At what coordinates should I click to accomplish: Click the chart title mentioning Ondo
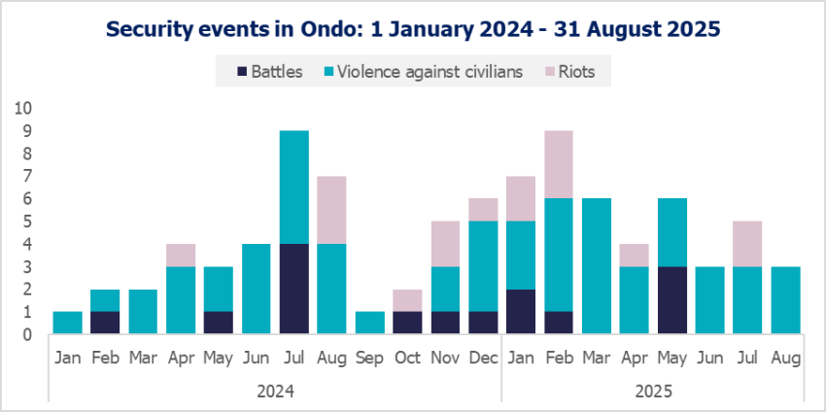pyautogui.click(x=413, y=28)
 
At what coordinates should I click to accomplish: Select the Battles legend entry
pyautogui.click(x=269, y=71)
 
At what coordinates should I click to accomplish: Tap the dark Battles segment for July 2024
pyautogui.click(x=294, y=290)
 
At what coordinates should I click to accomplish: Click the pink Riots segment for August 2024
pyautogui.click(x=332, y=210)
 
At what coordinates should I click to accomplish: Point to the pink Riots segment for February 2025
pyautogui.click(x=559, y=164)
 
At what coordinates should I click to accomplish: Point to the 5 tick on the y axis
pyautogui.click(x=25, y=222)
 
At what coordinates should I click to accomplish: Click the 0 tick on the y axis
pyautogui.click(x=25, y=335)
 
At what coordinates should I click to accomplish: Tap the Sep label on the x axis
pyautogui.click(x=369, y=358)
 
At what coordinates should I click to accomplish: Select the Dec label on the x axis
pyautogui.click(x=483, y=358)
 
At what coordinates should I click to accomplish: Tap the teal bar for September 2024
pyautogui.click(x=370, y=324)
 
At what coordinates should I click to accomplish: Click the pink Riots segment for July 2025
pyautogui.click(x=747, y=244)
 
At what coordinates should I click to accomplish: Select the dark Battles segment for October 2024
pyautogui.click(x=408, y=324)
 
